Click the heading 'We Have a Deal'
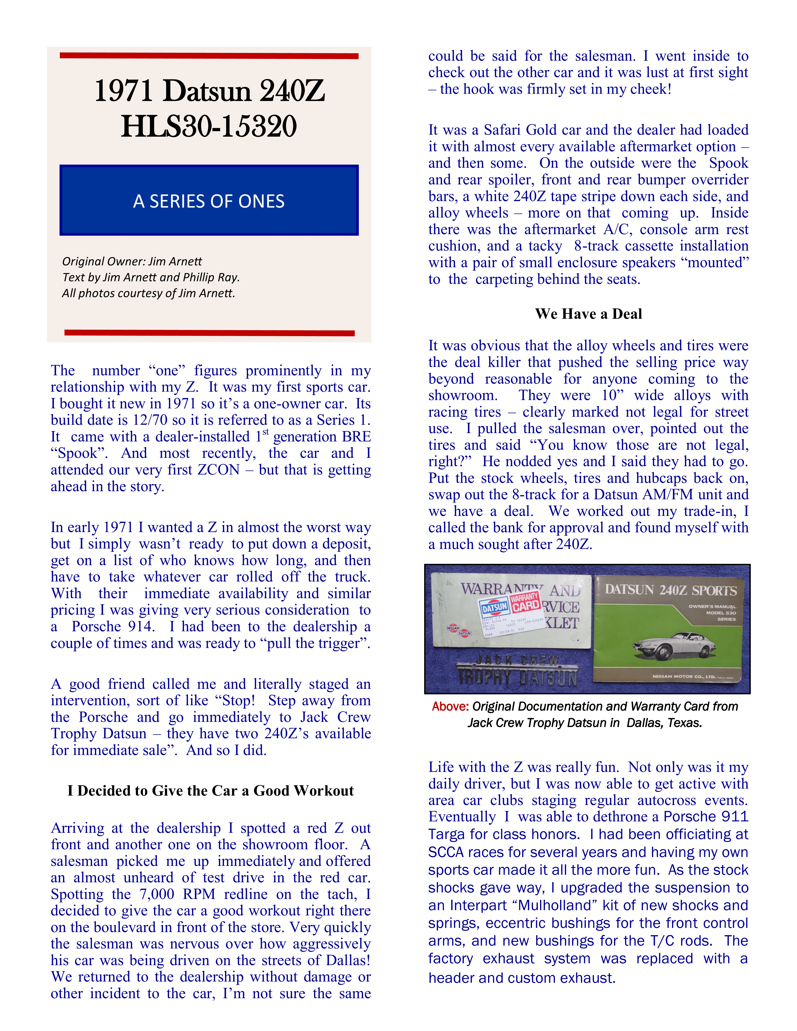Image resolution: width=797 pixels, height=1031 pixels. click(x=588, y=314)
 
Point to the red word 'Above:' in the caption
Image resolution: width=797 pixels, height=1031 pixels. click(x=450, y=707)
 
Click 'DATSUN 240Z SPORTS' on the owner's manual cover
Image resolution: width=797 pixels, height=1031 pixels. click(x=670, y=590)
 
